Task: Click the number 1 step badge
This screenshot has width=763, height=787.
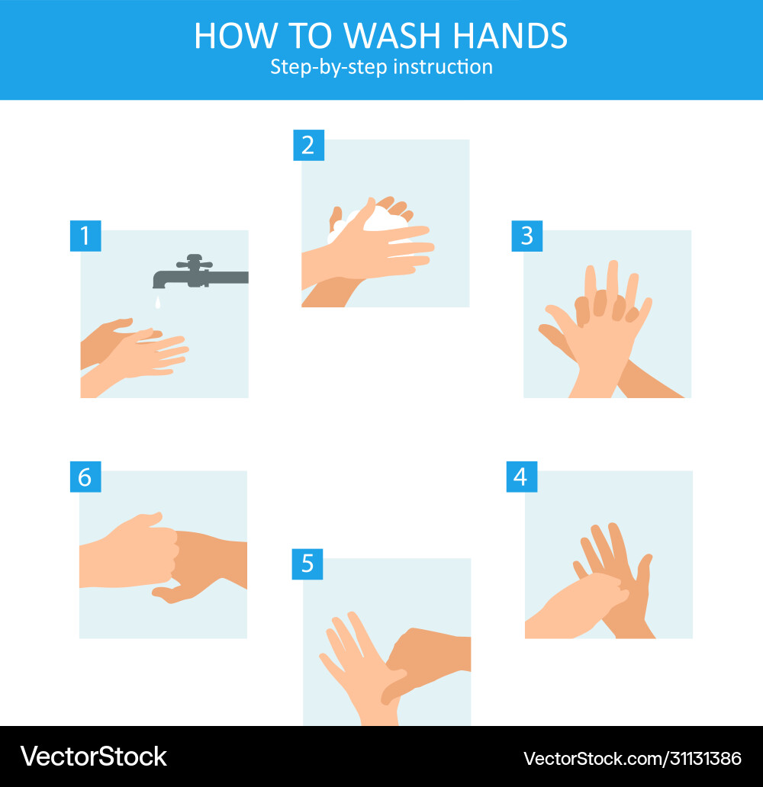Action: (85, 236)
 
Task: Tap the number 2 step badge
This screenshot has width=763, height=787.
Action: (308, 145)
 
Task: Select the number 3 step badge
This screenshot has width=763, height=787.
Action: (526, 236)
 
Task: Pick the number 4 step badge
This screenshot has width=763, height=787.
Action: (521, 477)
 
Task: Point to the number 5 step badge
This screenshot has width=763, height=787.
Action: (307, 564)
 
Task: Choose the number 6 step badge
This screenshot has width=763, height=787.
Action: (85, 477)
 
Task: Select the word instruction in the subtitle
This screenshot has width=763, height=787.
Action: (444, 67)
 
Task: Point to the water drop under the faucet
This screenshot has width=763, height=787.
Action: (157, 303)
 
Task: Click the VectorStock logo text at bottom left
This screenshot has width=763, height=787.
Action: (94, 756)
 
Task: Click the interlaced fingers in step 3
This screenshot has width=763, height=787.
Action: (603, 305)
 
